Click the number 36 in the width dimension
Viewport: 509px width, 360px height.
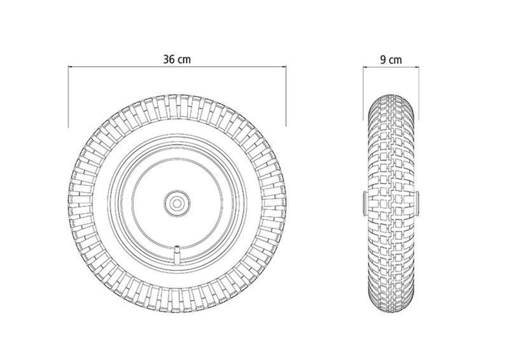pyautogui.click(x=169, y=59)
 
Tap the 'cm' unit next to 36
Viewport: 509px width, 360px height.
pyautogui.click(x=185, y=60)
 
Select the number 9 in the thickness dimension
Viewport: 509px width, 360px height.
pyautogui.click(x=384, y=60)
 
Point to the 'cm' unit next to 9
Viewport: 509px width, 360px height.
pyautogui.click(x=396, y=60)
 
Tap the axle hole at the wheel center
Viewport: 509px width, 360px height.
pyautogui.click(x=177, y=204)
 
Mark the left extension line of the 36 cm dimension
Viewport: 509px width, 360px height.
pyautogui.click(x=68, y=96)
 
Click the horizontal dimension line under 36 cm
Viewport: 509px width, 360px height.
pyautogui.click(x=177, y=67)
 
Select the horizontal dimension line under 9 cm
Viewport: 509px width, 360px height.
pyautogui.click(x=391, y=67)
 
